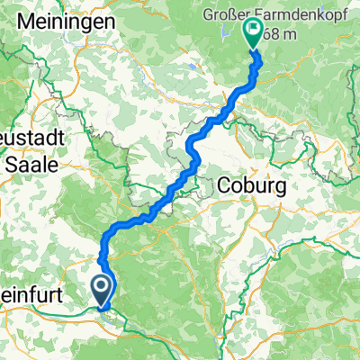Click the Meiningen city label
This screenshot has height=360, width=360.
click(76, 20)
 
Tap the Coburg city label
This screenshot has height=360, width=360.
click(252, 185)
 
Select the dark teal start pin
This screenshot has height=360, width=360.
click(103, 290)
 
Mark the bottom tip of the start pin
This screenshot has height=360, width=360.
click(103, 305)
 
